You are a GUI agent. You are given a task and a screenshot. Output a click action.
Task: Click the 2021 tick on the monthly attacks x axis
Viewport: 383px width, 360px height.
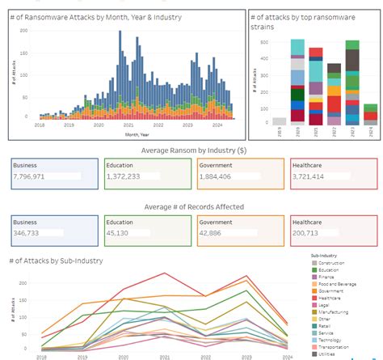pos(127,126)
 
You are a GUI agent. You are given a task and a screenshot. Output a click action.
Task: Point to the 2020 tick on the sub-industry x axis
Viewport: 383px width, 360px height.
pos(123,354)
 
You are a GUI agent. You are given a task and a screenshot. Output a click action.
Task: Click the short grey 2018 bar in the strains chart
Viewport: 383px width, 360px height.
pos(279,121)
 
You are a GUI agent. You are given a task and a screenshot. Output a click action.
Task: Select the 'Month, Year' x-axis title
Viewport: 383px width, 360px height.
pos(127,133)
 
